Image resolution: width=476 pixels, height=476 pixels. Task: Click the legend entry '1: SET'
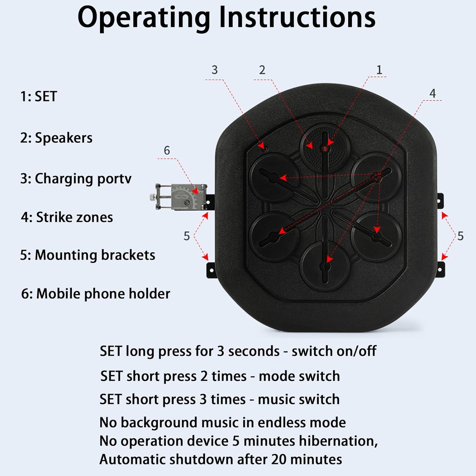[38, 96]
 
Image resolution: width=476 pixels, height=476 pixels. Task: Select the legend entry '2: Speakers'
[56, 138]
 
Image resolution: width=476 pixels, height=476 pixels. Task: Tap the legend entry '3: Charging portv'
[76, 179]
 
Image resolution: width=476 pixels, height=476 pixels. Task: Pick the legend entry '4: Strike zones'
[67, 217]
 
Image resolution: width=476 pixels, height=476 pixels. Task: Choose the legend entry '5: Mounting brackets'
[88, 255]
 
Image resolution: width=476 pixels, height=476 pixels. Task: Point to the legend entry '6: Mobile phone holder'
[96, 294]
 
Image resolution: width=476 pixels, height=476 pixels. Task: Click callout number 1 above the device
[379, 70]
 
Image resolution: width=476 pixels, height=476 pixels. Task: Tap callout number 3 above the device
[215, 70]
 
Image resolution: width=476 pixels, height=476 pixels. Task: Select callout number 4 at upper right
[432, 93]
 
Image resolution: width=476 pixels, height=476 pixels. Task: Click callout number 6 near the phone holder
[167, 150]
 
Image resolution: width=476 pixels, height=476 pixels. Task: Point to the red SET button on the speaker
[324, 149]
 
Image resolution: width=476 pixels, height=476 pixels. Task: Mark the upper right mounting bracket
[440, 201]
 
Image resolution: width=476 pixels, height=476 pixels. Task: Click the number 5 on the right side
[460, 236]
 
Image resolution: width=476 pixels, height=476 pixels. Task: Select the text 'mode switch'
[299, 376]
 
